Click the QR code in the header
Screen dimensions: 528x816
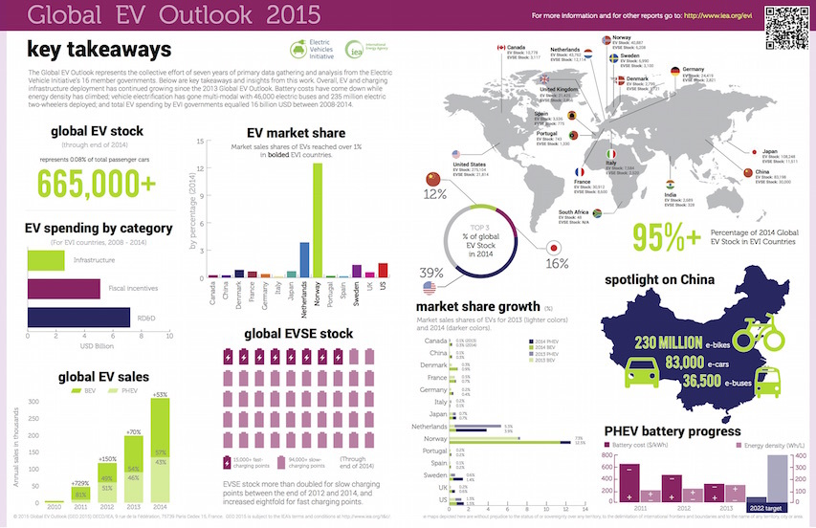click(783, 18)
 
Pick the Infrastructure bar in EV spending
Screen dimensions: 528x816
click(45, 259)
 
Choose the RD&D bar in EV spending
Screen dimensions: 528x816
click(77, 318)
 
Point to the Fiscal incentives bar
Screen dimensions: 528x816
click(62, 289)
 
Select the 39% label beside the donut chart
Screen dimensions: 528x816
click(430, 272)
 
